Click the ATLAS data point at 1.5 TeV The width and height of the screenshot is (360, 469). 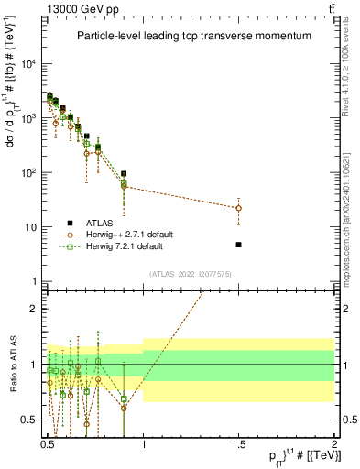coord(239,245)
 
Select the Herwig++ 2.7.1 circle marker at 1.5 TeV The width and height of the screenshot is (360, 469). coord(239,208)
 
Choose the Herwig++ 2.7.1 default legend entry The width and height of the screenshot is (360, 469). coord(130,234)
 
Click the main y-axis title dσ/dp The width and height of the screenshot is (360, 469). coord(12,119)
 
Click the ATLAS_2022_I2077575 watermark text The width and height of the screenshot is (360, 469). coord(191,274)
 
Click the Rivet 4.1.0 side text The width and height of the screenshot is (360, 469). coord(351,64)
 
